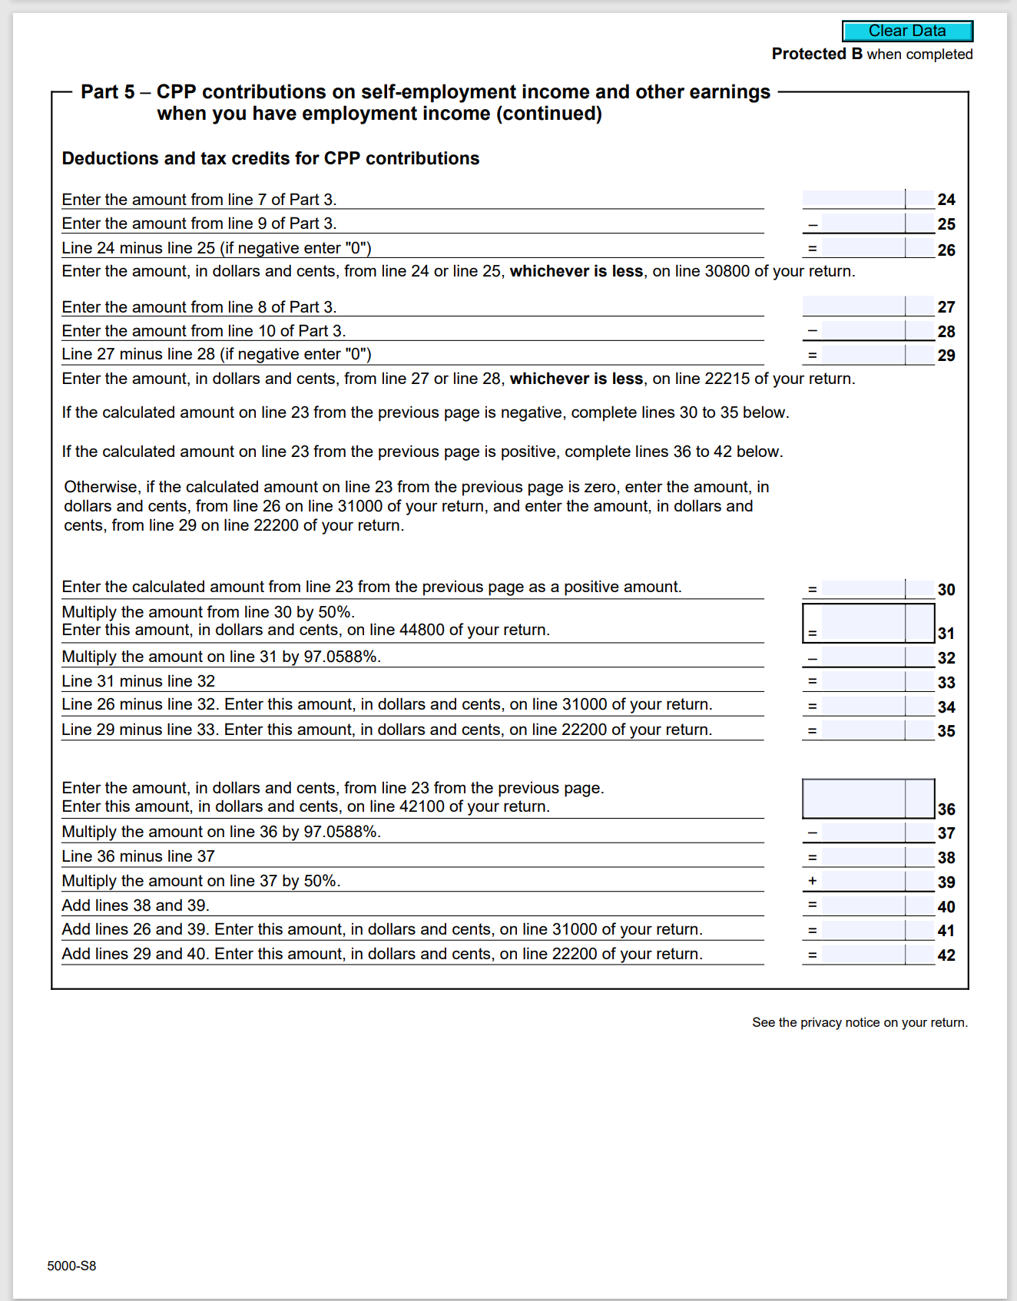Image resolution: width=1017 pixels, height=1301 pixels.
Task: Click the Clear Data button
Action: (907, 31)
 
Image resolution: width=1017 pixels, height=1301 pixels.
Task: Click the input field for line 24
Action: (854, 200)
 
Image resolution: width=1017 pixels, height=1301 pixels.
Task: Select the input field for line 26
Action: (863, 248)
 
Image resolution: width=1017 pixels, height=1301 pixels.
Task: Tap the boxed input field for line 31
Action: (863, 623)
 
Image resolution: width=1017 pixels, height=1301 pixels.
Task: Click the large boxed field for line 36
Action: (854, 799)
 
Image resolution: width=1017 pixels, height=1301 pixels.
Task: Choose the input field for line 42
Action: (863, 955)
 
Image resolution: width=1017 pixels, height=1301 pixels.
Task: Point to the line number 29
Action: (946, 356)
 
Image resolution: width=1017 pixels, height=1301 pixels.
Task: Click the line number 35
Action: (946, 731)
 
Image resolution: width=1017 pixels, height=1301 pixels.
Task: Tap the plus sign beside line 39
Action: (812, 881)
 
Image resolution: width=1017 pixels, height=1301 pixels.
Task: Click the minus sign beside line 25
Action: (812, 225)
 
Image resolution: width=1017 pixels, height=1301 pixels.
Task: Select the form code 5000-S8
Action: (71, 1266)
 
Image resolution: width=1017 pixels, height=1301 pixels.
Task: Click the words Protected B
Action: (817, 54)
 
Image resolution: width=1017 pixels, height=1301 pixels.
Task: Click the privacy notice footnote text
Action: (860, 1022)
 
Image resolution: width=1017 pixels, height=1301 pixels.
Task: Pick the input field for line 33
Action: (863, 681)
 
